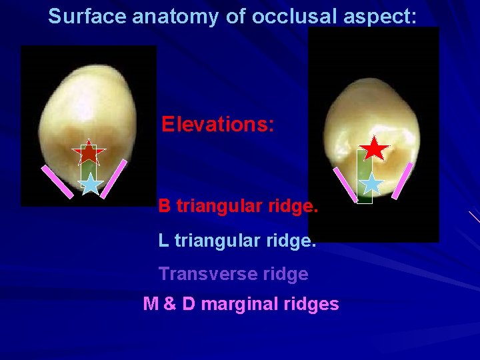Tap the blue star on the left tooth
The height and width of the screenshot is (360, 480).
(x=91, y=183)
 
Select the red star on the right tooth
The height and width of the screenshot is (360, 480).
(x=377, y=149)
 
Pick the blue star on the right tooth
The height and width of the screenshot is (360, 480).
(x=373, y=183)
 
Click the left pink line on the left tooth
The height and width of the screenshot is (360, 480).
(x=58, y=180)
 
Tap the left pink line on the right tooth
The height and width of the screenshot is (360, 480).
(x=345, y=184)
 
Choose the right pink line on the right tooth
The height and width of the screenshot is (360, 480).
(x=403, y=180)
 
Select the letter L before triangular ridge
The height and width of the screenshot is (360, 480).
(x=163, y=240)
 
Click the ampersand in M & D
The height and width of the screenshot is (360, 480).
(x=169, y=305)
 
